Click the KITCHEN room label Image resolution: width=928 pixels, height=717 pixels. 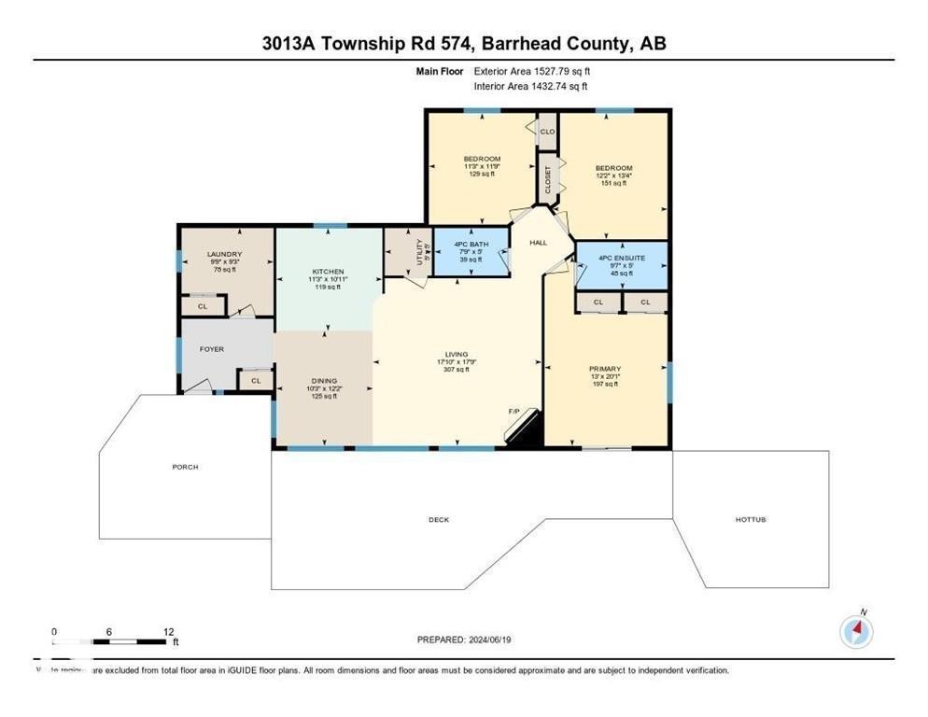tap(328, 272)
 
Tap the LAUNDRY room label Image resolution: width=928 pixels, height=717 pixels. tap(225, 254)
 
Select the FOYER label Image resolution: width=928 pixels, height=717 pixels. tap(212, 349)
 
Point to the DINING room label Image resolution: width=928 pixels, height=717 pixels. tap(324, 381)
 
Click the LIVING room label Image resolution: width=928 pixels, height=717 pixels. tap(456, 354)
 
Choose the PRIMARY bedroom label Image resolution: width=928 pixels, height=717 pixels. tap(605, 369)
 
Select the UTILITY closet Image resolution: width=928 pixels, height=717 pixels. tap(419, 252)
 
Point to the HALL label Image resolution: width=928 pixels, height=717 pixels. tap(539, 243)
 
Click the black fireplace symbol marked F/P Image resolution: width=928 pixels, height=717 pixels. tap(524, 429)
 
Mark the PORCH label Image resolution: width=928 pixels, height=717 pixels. tap(185, 467)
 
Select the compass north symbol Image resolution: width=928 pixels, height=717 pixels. tap(856, 632)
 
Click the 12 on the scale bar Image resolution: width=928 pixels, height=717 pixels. tap(168, 631)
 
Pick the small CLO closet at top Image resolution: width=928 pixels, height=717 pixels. tap(547, 132)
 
